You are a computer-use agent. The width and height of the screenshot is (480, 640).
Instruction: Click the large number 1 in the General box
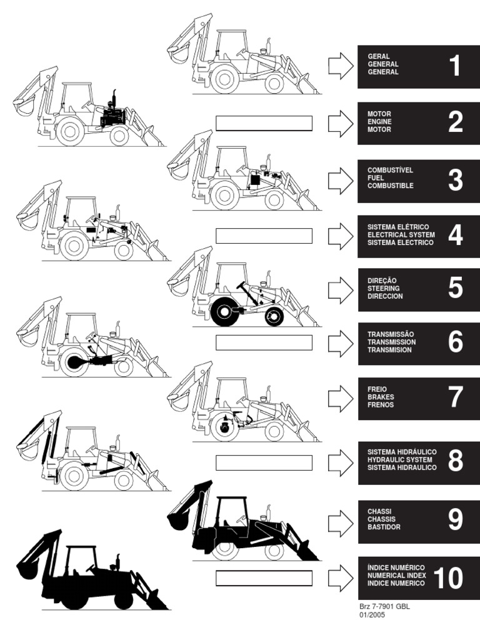[x=455, y=66]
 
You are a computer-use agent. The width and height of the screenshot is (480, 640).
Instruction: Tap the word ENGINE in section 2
[x=379, y=122]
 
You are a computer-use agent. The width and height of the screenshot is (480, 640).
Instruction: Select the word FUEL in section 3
[x=376, y=178]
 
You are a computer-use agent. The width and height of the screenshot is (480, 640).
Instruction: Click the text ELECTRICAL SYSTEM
[x=401, y=235]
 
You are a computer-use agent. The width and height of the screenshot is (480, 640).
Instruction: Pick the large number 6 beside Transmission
[x=456, y=342]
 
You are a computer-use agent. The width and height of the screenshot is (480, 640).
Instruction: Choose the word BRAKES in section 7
[x=381, y=397]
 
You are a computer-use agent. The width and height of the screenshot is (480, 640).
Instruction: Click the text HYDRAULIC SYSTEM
[x=400, y=459]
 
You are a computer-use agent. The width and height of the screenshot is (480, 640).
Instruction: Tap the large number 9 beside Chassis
[x=456, y=519]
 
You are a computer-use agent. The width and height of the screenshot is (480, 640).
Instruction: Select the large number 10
[x=448, y=578]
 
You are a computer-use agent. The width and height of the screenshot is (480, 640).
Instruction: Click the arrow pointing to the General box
[x=341, y=66]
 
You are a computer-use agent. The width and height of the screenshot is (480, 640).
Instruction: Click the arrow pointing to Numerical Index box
[x=341, y=578]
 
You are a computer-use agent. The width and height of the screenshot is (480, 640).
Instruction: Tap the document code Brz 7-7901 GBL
[x=384, y=606]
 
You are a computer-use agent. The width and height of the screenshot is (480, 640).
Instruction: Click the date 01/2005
[x=372, y=615]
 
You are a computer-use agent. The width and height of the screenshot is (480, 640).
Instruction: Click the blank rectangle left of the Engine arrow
[x=264, y=123]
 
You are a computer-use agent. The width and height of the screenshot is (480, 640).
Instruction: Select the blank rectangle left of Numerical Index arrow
[x=264, y=578]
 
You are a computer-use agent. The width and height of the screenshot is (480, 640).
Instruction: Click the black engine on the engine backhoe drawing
[x=113, y=117]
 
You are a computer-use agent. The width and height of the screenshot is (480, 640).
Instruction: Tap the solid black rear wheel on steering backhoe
[x=225, y=312]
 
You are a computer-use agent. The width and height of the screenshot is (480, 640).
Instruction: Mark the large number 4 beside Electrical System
[x=456, y=235]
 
